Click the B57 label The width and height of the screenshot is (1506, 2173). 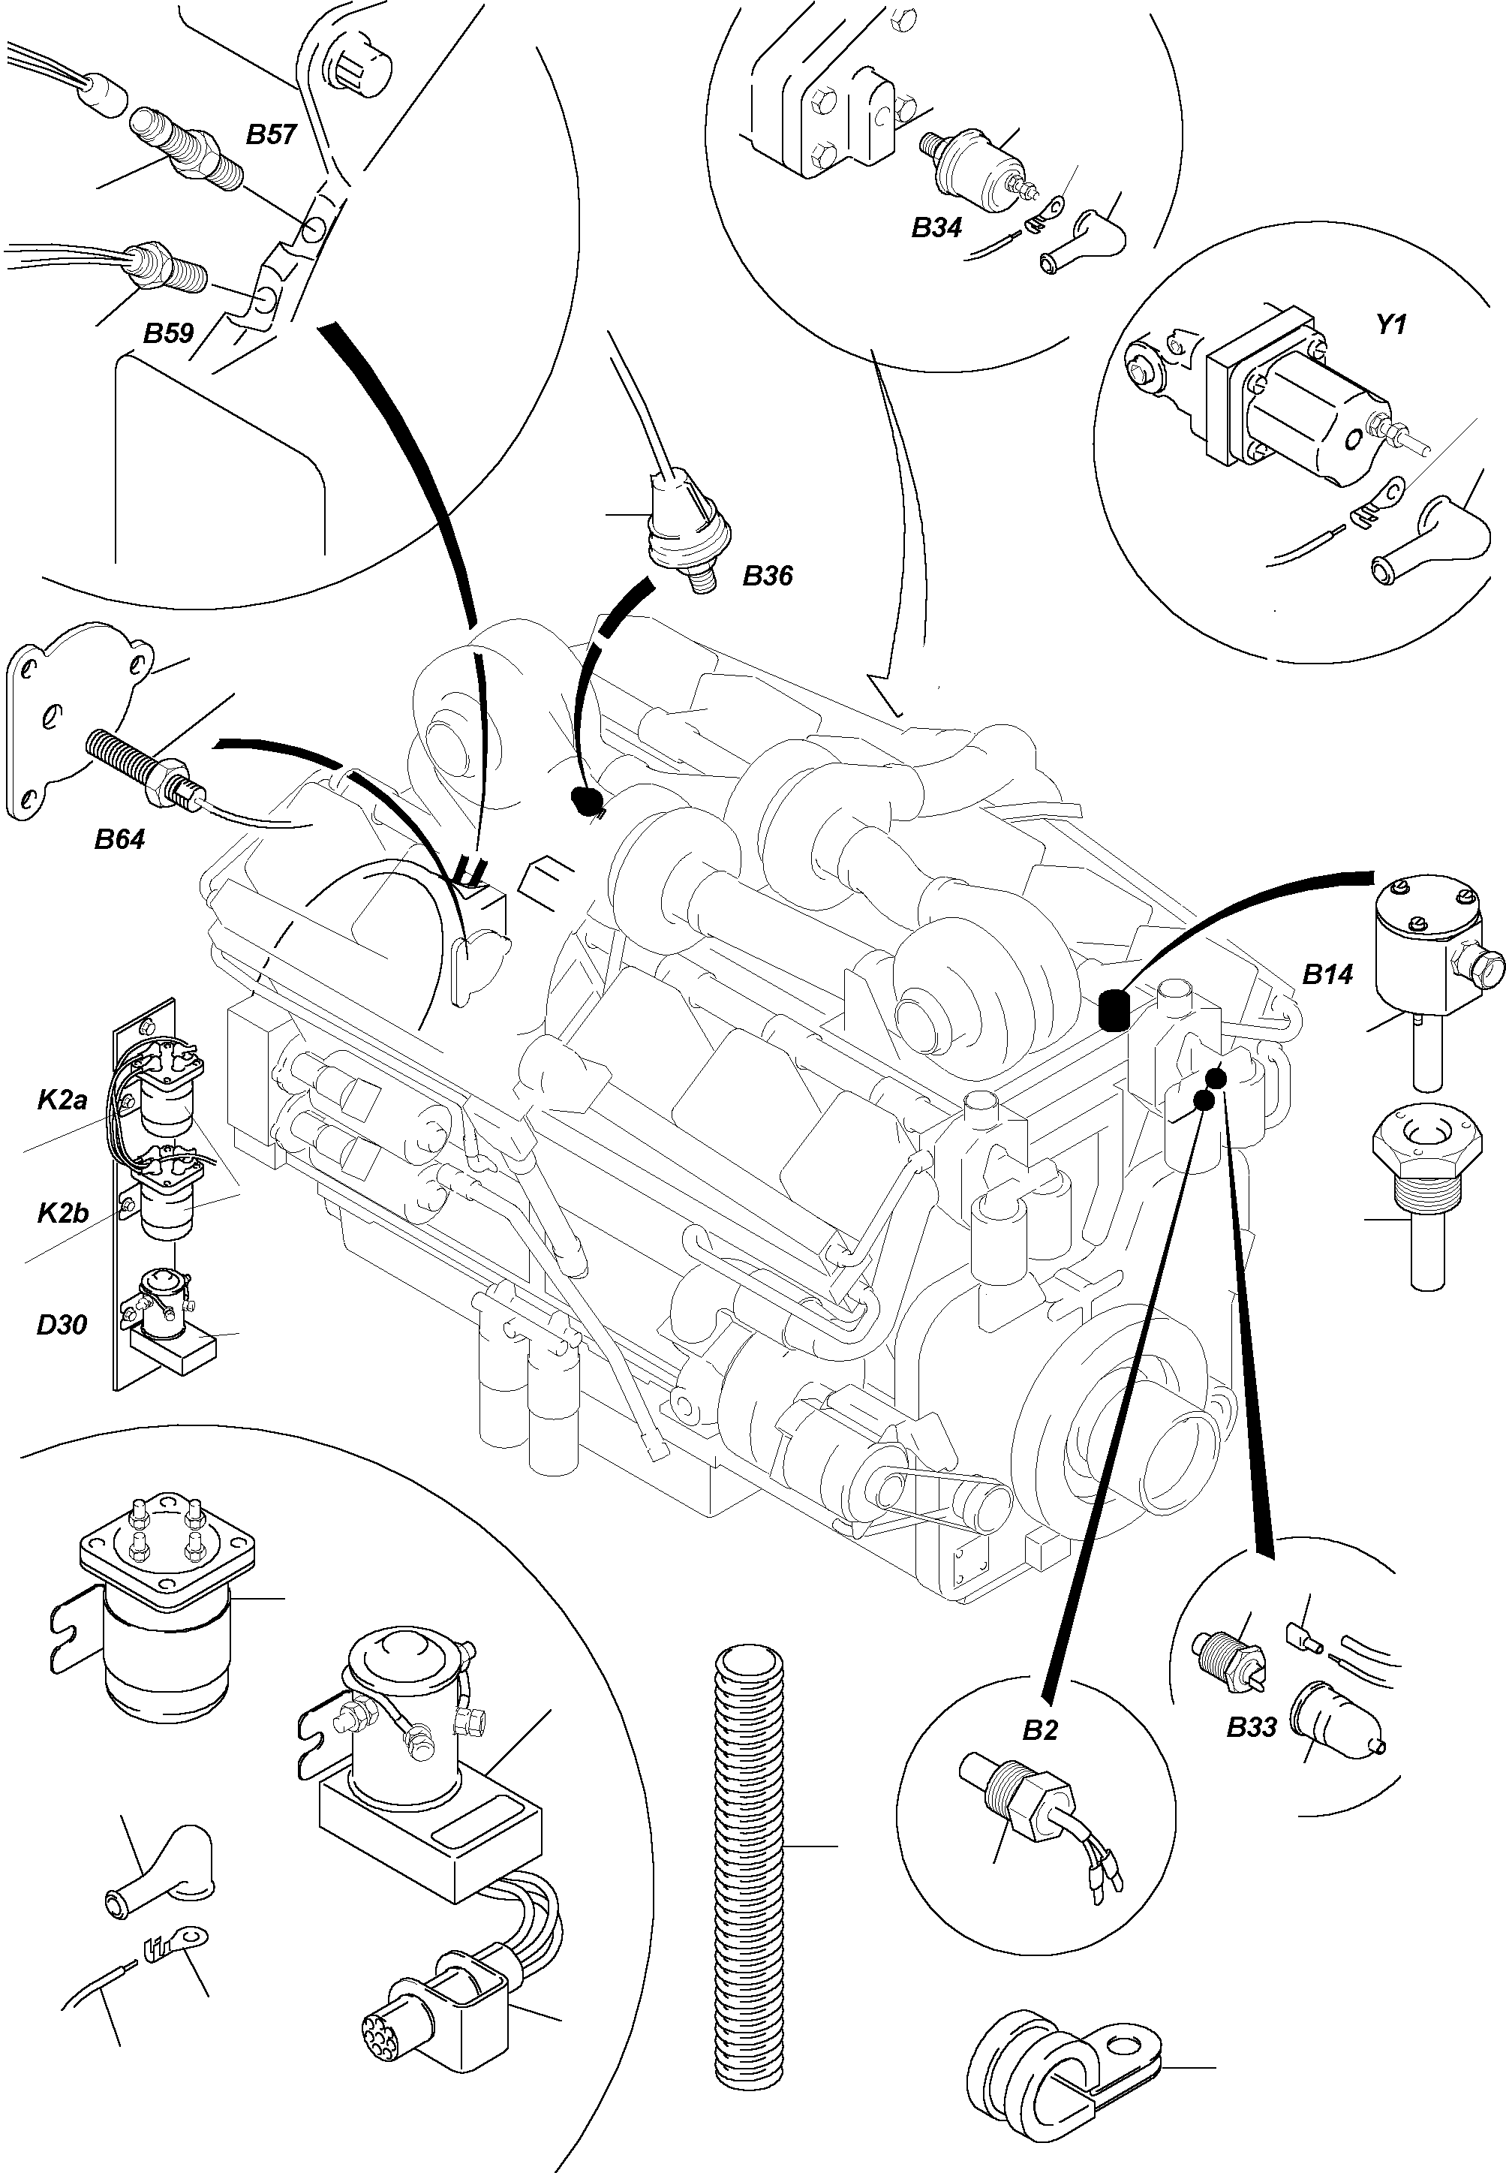pyautogui.click(x=271, y=135)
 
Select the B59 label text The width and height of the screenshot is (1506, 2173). pyautogui.click(x=168, y=333)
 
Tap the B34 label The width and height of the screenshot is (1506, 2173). pyautogui.click(x=936, y=227)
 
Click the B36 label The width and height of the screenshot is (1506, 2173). pyautogui.click(x=767, y=575)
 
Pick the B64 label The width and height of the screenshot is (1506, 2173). pyautogui.click(x=120, y=838)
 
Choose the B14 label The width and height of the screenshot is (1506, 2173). pyautogui.click(x=1327, y=974)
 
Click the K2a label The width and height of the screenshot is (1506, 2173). pyautogui.click(x=62, y=1100)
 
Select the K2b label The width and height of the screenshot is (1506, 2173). pyautogui.click(x=62, y=1213)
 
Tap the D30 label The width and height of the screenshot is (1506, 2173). pyautogui.click(x=62, y=1324)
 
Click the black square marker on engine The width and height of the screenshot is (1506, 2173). pyautogui.click(x=1114, y=1011)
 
